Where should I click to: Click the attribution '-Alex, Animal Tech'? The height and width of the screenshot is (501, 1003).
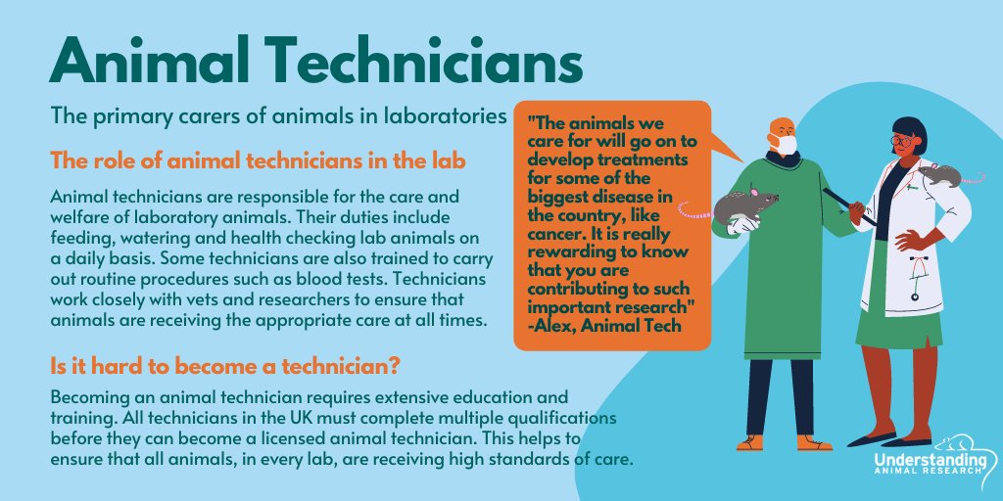[597, 327]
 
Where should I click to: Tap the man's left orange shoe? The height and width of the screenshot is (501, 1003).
[750, 442]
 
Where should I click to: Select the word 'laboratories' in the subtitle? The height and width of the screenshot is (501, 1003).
[446, 115]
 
